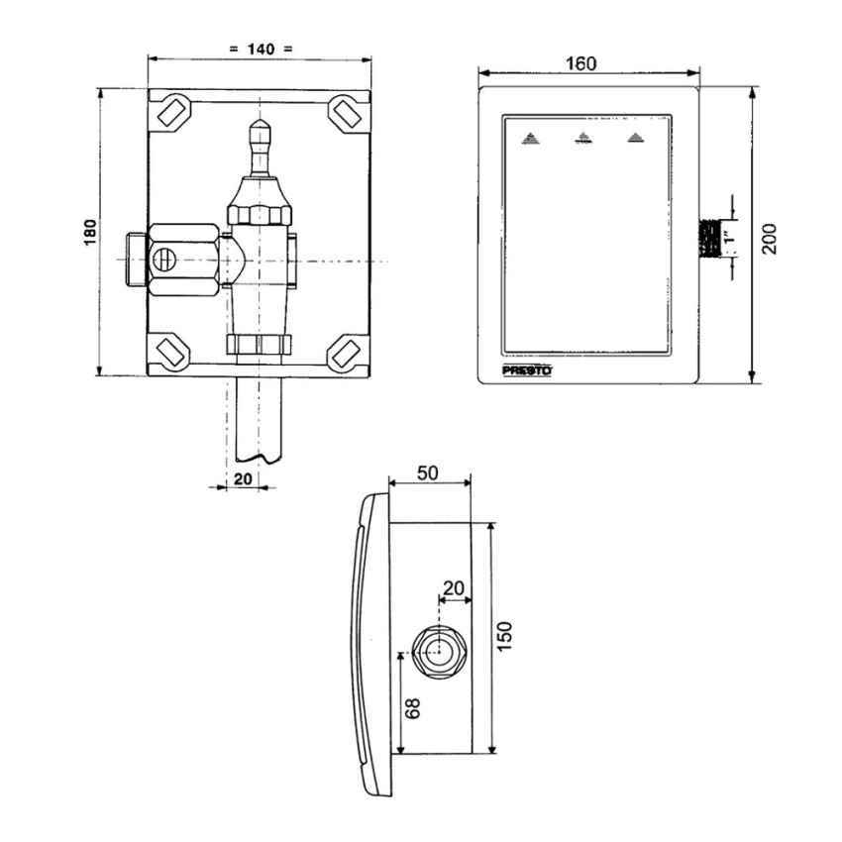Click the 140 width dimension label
(x=261, y=49)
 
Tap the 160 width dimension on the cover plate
(x=580, y=63)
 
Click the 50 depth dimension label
(x=428, y=474)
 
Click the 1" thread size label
(x=731, y=238)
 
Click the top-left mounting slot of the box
(x=170, y=108)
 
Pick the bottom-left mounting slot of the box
(x=170, y=351)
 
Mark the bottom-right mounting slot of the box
(x=346, y=351)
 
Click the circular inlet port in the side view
(x=437, y=651)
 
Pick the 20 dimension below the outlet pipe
(x=243, y=478)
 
